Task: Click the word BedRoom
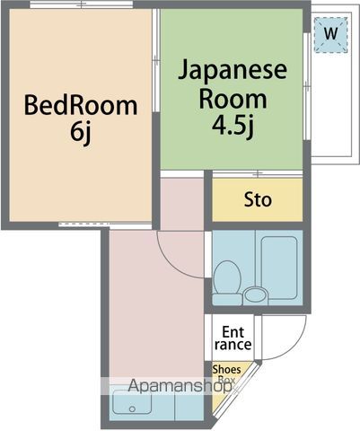pyautogui.click(x=81, y=106)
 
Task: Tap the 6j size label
pyautogui.click(x=81, y=132)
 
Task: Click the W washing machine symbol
pyautogui.click(x=331, y=34)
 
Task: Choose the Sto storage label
pyautogui.click(x=258, y=199)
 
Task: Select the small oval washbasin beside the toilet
pyautogui.click(x=256, y=295)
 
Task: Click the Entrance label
pyautogui.click(x=233, y=338)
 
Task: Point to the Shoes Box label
pyautogui.click(x=225, y=374)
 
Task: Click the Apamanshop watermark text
pyautogui.click(x=180, y=387)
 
